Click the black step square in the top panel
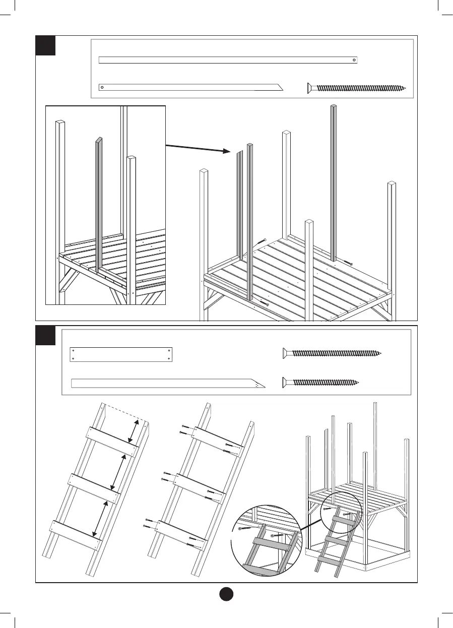pos(45,45)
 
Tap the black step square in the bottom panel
pos(45,335)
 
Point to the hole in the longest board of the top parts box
pos(354,60)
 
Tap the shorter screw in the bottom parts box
pos(321,382)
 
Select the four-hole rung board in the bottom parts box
pos(121,354)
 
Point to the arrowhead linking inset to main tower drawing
pos(226,151)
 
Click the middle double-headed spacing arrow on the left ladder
pos(118,471)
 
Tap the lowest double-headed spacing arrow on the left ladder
pos(100,518)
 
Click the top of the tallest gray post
pos(333,106)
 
